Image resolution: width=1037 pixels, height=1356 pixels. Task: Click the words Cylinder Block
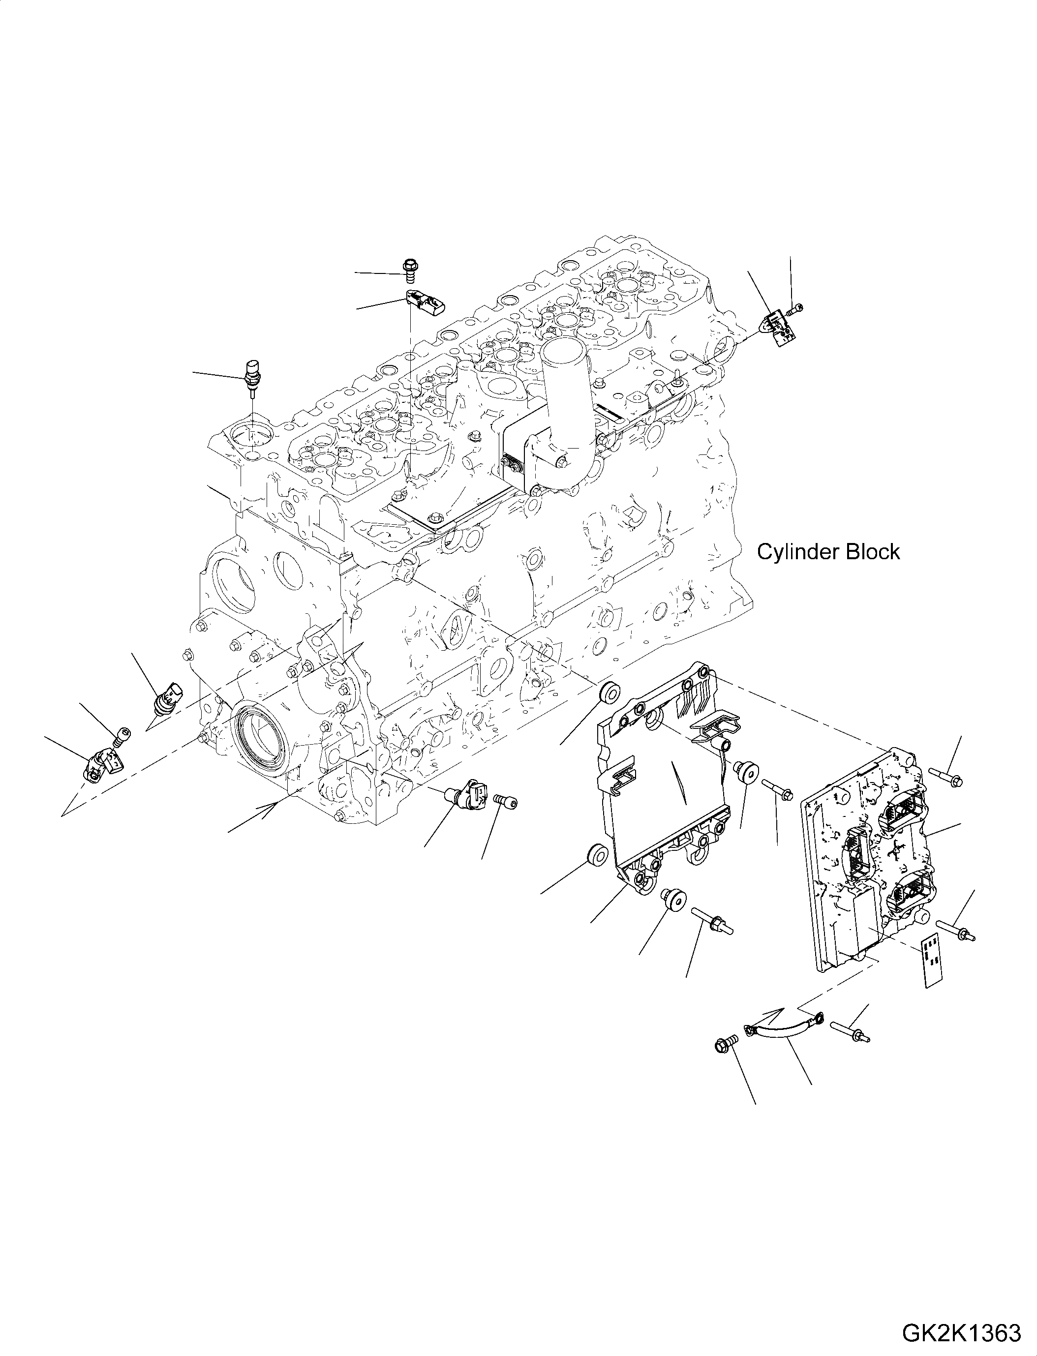coord(828,552)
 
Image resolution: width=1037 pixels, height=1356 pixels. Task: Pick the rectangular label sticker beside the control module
coord(933,969)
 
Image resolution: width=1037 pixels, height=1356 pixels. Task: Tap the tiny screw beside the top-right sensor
coord(797,307)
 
